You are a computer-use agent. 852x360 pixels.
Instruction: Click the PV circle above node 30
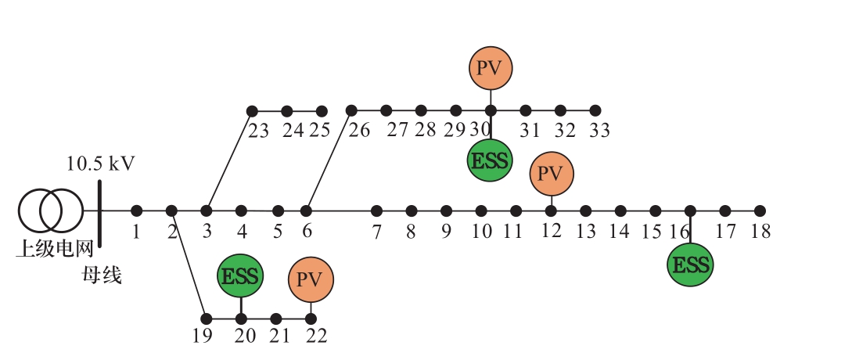pos(491,67)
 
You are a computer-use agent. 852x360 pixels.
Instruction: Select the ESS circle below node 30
pos(489,161)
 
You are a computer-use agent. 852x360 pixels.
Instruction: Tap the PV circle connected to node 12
pos(552,173)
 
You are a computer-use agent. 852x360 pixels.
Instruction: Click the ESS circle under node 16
pos(690,265)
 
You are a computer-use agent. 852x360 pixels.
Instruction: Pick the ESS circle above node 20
pos(240,276)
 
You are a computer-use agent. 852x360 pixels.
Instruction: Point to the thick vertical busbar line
pos(100,211)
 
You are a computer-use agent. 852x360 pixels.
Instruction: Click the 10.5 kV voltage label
pos(100,165)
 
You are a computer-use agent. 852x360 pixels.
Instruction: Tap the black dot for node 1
pos(136,211)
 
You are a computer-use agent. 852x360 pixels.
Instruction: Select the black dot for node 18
pos(759,211)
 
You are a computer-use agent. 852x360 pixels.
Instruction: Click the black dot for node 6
pos(307,211)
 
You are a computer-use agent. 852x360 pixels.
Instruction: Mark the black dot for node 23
pos(252,111)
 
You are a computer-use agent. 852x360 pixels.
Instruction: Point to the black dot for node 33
pos(595,110)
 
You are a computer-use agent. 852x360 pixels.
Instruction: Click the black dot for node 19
pos(207,319)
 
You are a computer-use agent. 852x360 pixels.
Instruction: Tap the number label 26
pos(359,130)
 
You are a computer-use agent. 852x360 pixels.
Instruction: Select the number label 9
pos(446,232)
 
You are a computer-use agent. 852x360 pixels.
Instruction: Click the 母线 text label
pos(102,275)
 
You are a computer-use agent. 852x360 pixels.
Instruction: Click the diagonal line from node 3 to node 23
pos(229,160)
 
